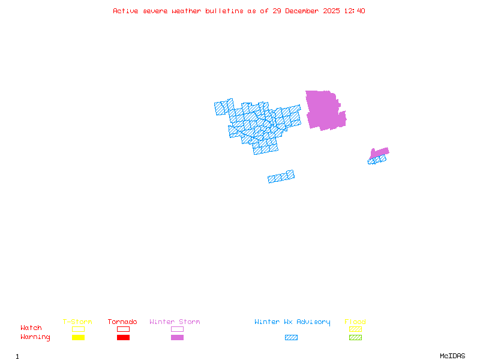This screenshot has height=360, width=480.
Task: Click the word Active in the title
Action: [125, 11]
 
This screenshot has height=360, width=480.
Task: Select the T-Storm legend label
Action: [77, 322]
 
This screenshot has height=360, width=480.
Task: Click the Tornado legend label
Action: [122, 322]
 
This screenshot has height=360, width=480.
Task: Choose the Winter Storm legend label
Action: [175, 322]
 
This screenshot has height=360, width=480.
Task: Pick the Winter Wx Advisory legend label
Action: [292, 322]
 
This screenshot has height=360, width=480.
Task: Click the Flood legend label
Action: [355, 322]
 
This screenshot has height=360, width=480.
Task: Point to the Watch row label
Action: [31, 328]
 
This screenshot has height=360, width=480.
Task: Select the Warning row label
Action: [35, 337]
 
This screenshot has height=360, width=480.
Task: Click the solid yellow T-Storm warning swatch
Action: [78, 338]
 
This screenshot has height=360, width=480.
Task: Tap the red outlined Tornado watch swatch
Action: [123, 329]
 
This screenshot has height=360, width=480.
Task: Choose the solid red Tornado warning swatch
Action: [123, 338]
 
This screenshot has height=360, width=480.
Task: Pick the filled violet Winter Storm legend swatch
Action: [177, 338]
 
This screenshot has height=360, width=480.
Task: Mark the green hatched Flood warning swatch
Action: [355, 338]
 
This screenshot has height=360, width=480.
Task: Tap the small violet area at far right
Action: [379, 152]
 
